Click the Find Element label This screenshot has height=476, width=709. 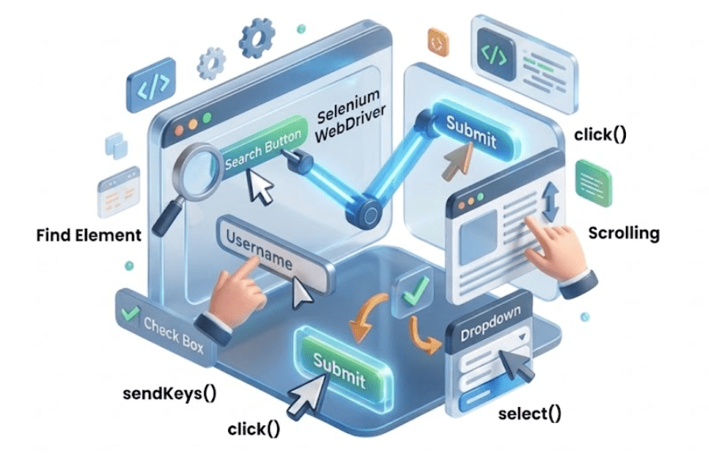click(89, 235)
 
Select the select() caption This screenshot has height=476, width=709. click(529, 413)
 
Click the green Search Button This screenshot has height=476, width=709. click(262, 151)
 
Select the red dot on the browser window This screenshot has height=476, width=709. click(180, 128)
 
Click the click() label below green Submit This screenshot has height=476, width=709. click(253, 429)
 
